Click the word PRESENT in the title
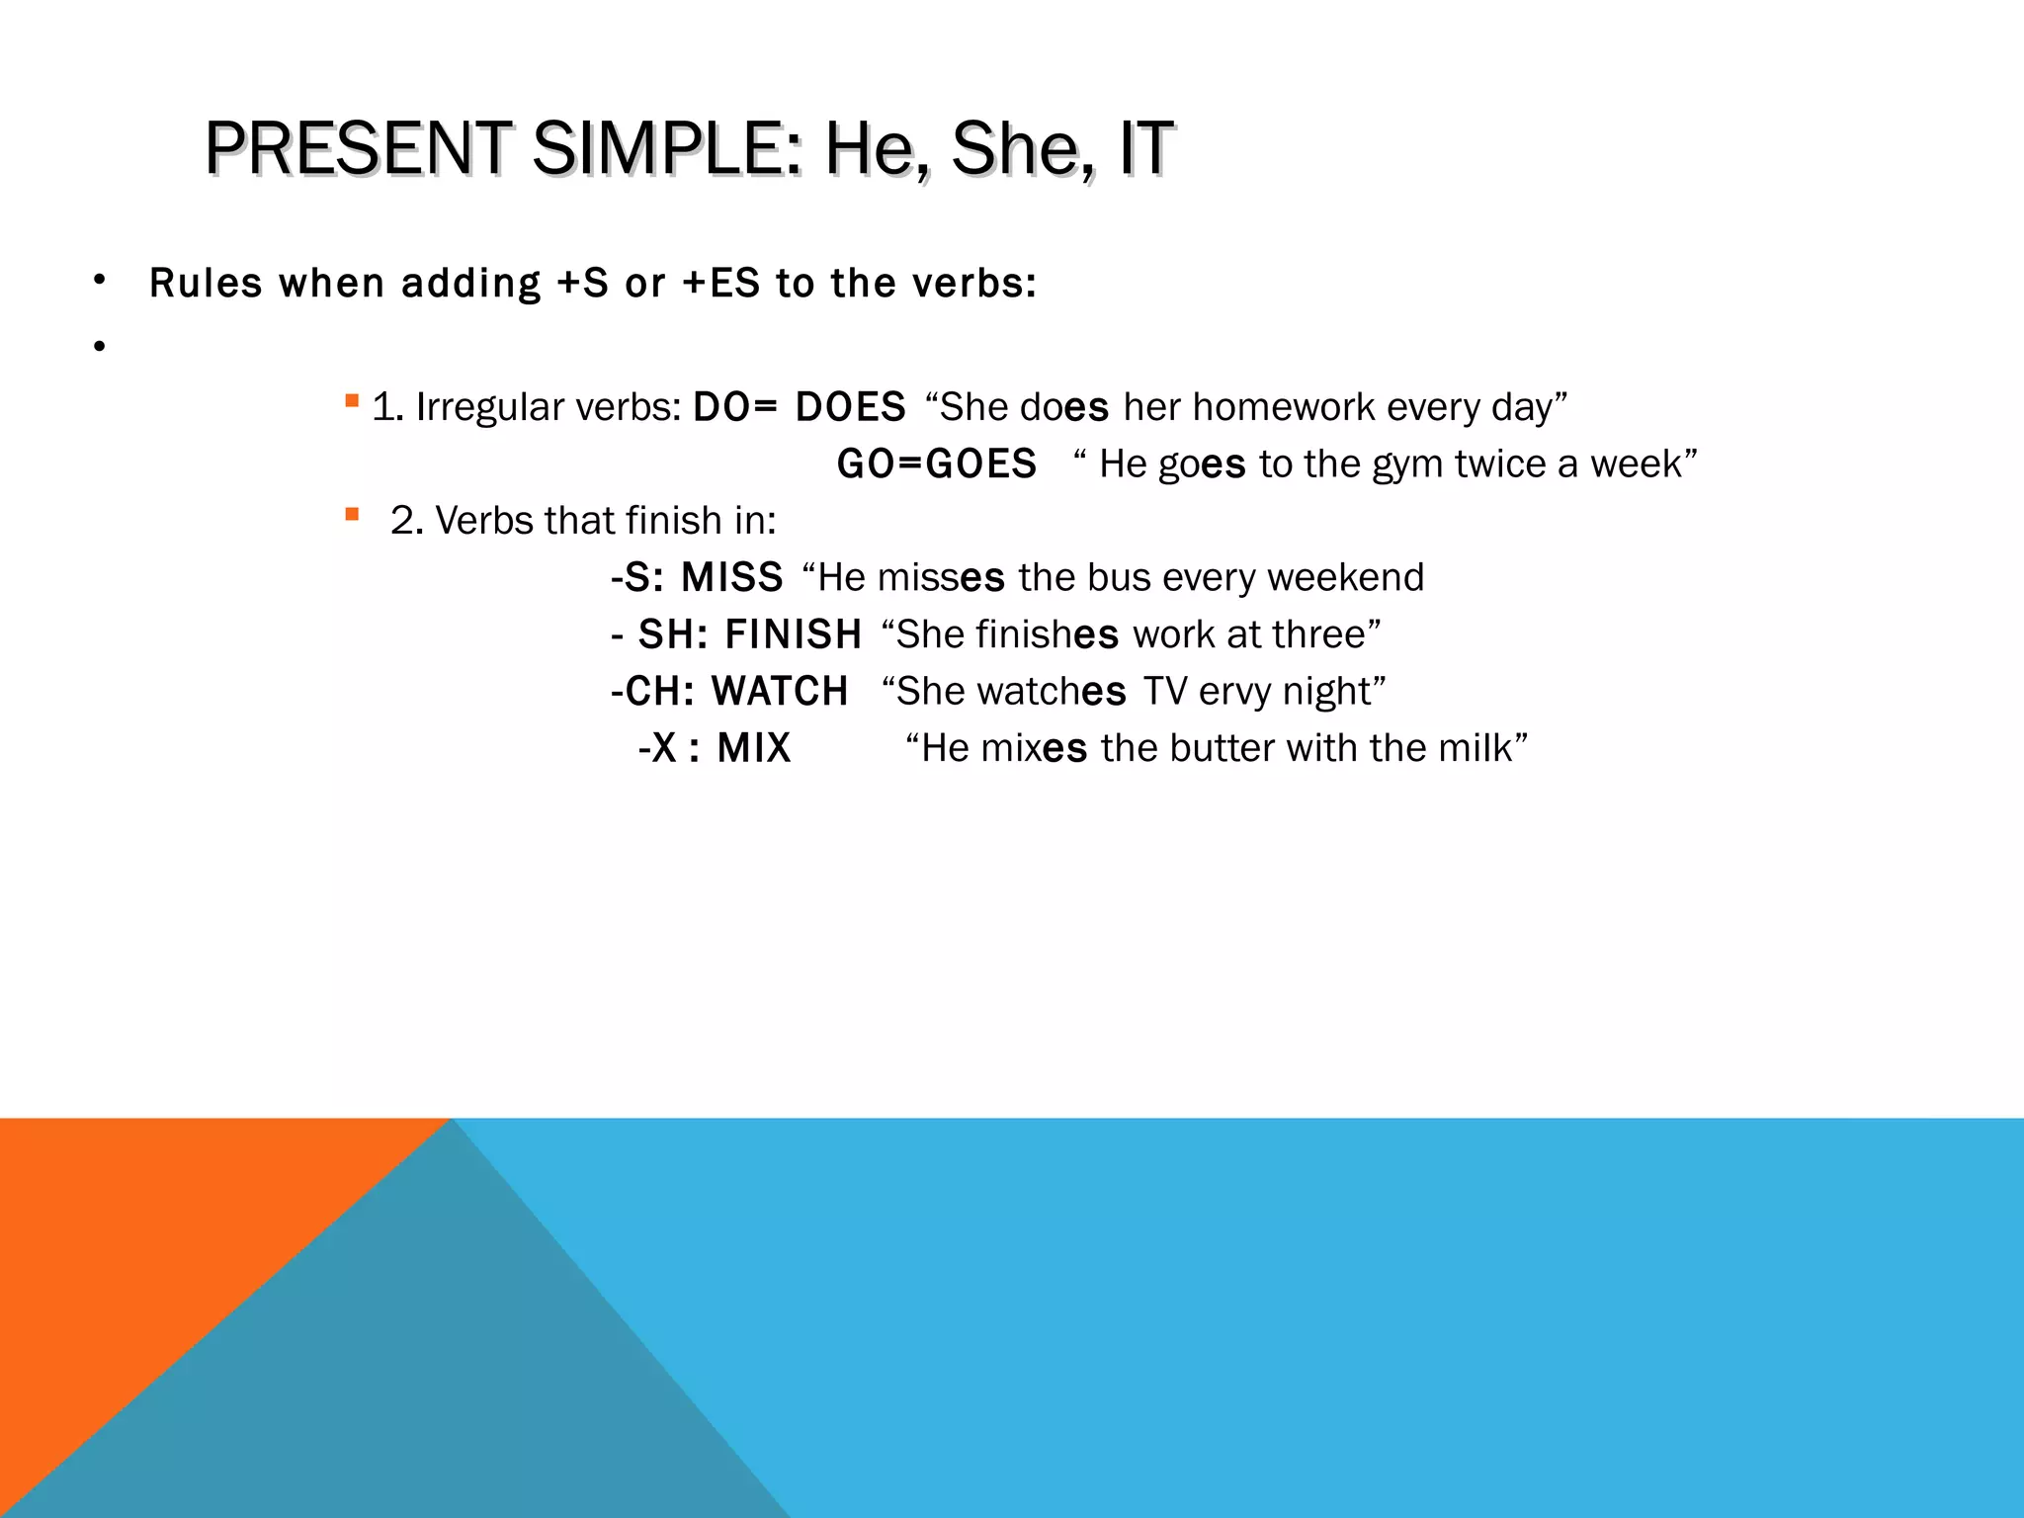[x=358, y=148]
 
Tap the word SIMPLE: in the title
[x=668, y=148]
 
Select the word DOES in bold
[x=851, y=407]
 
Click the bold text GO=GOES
[x=936, y=464]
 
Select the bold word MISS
[x=732, y=577]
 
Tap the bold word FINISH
[x=794, y=634]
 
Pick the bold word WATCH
[x=780, y=691]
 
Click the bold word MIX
[x=754, y=748]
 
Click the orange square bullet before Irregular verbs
[x=352, y=401]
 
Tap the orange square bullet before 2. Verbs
[x=352, y=514]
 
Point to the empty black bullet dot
[x=99, y=346]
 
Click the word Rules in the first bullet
[x=206, y=284]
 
